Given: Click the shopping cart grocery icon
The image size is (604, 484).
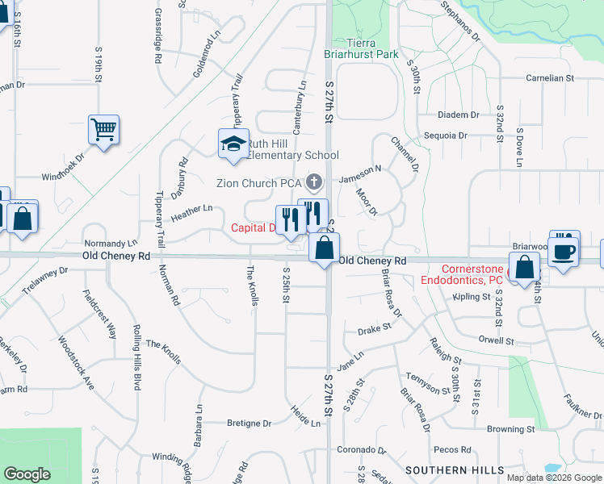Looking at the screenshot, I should coord(104,129).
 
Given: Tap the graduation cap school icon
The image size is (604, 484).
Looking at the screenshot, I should coord(233,144).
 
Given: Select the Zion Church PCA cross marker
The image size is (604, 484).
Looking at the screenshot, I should coord(314,183).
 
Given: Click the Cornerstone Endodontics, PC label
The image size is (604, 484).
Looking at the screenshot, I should coord(473,275).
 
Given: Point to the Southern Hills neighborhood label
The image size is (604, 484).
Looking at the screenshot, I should coord(455,469).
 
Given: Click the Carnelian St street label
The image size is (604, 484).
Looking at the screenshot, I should coord(549,79).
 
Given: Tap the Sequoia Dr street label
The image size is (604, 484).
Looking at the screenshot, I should coord(440,136).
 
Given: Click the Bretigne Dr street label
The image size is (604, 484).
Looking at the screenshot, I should coord(250,423).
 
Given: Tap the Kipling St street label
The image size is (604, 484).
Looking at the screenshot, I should coord(472,298).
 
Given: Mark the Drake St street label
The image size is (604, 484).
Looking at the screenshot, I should coord(374,329).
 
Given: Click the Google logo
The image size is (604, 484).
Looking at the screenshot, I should coord(27,474).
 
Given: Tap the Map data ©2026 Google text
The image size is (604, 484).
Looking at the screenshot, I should coord(554,477).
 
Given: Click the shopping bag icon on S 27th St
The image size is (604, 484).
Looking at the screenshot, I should coord(324,248).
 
